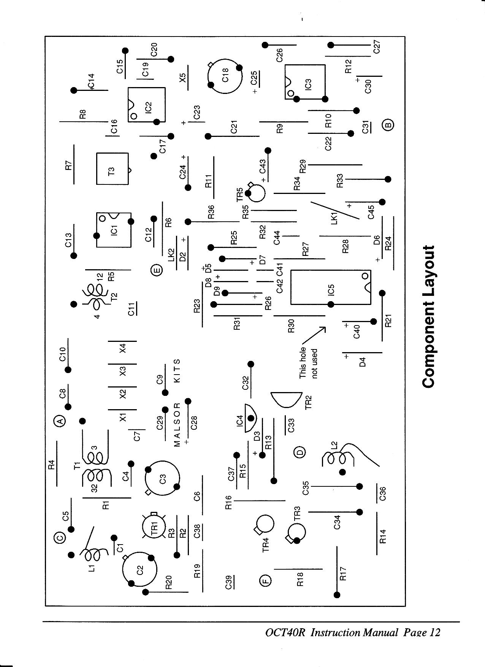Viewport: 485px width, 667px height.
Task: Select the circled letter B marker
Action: coord(388,124)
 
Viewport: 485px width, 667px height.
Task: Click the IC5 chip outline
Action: coord(330,287)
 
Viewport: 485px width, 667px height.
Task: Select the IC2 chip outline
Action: coord(147,105)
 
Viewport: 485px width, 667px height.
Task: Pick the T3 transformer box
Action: coord(113,168)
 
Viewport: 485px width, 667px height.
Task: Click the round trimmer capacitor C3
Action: coord(162,479)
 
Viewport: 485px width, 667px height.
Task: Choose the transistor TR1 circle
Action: coord(154,528)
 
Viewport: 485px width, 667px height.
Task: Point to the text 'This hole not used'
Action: coord(308,363)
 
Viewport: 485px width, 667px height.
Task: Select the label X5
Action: coord(183,78)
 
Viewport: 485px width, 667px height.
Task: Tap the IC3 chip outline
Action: coord(305,82)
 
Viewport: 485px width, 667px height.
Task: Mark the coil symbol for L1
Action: coord(91,555)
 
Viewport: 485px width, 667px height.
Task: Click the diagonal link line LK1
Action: coord(334,210)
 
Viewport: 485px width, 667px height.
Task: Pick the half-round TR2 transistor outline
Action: coord(287,399)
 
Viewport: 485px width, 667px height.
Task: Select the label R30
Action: coord(292,326)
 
